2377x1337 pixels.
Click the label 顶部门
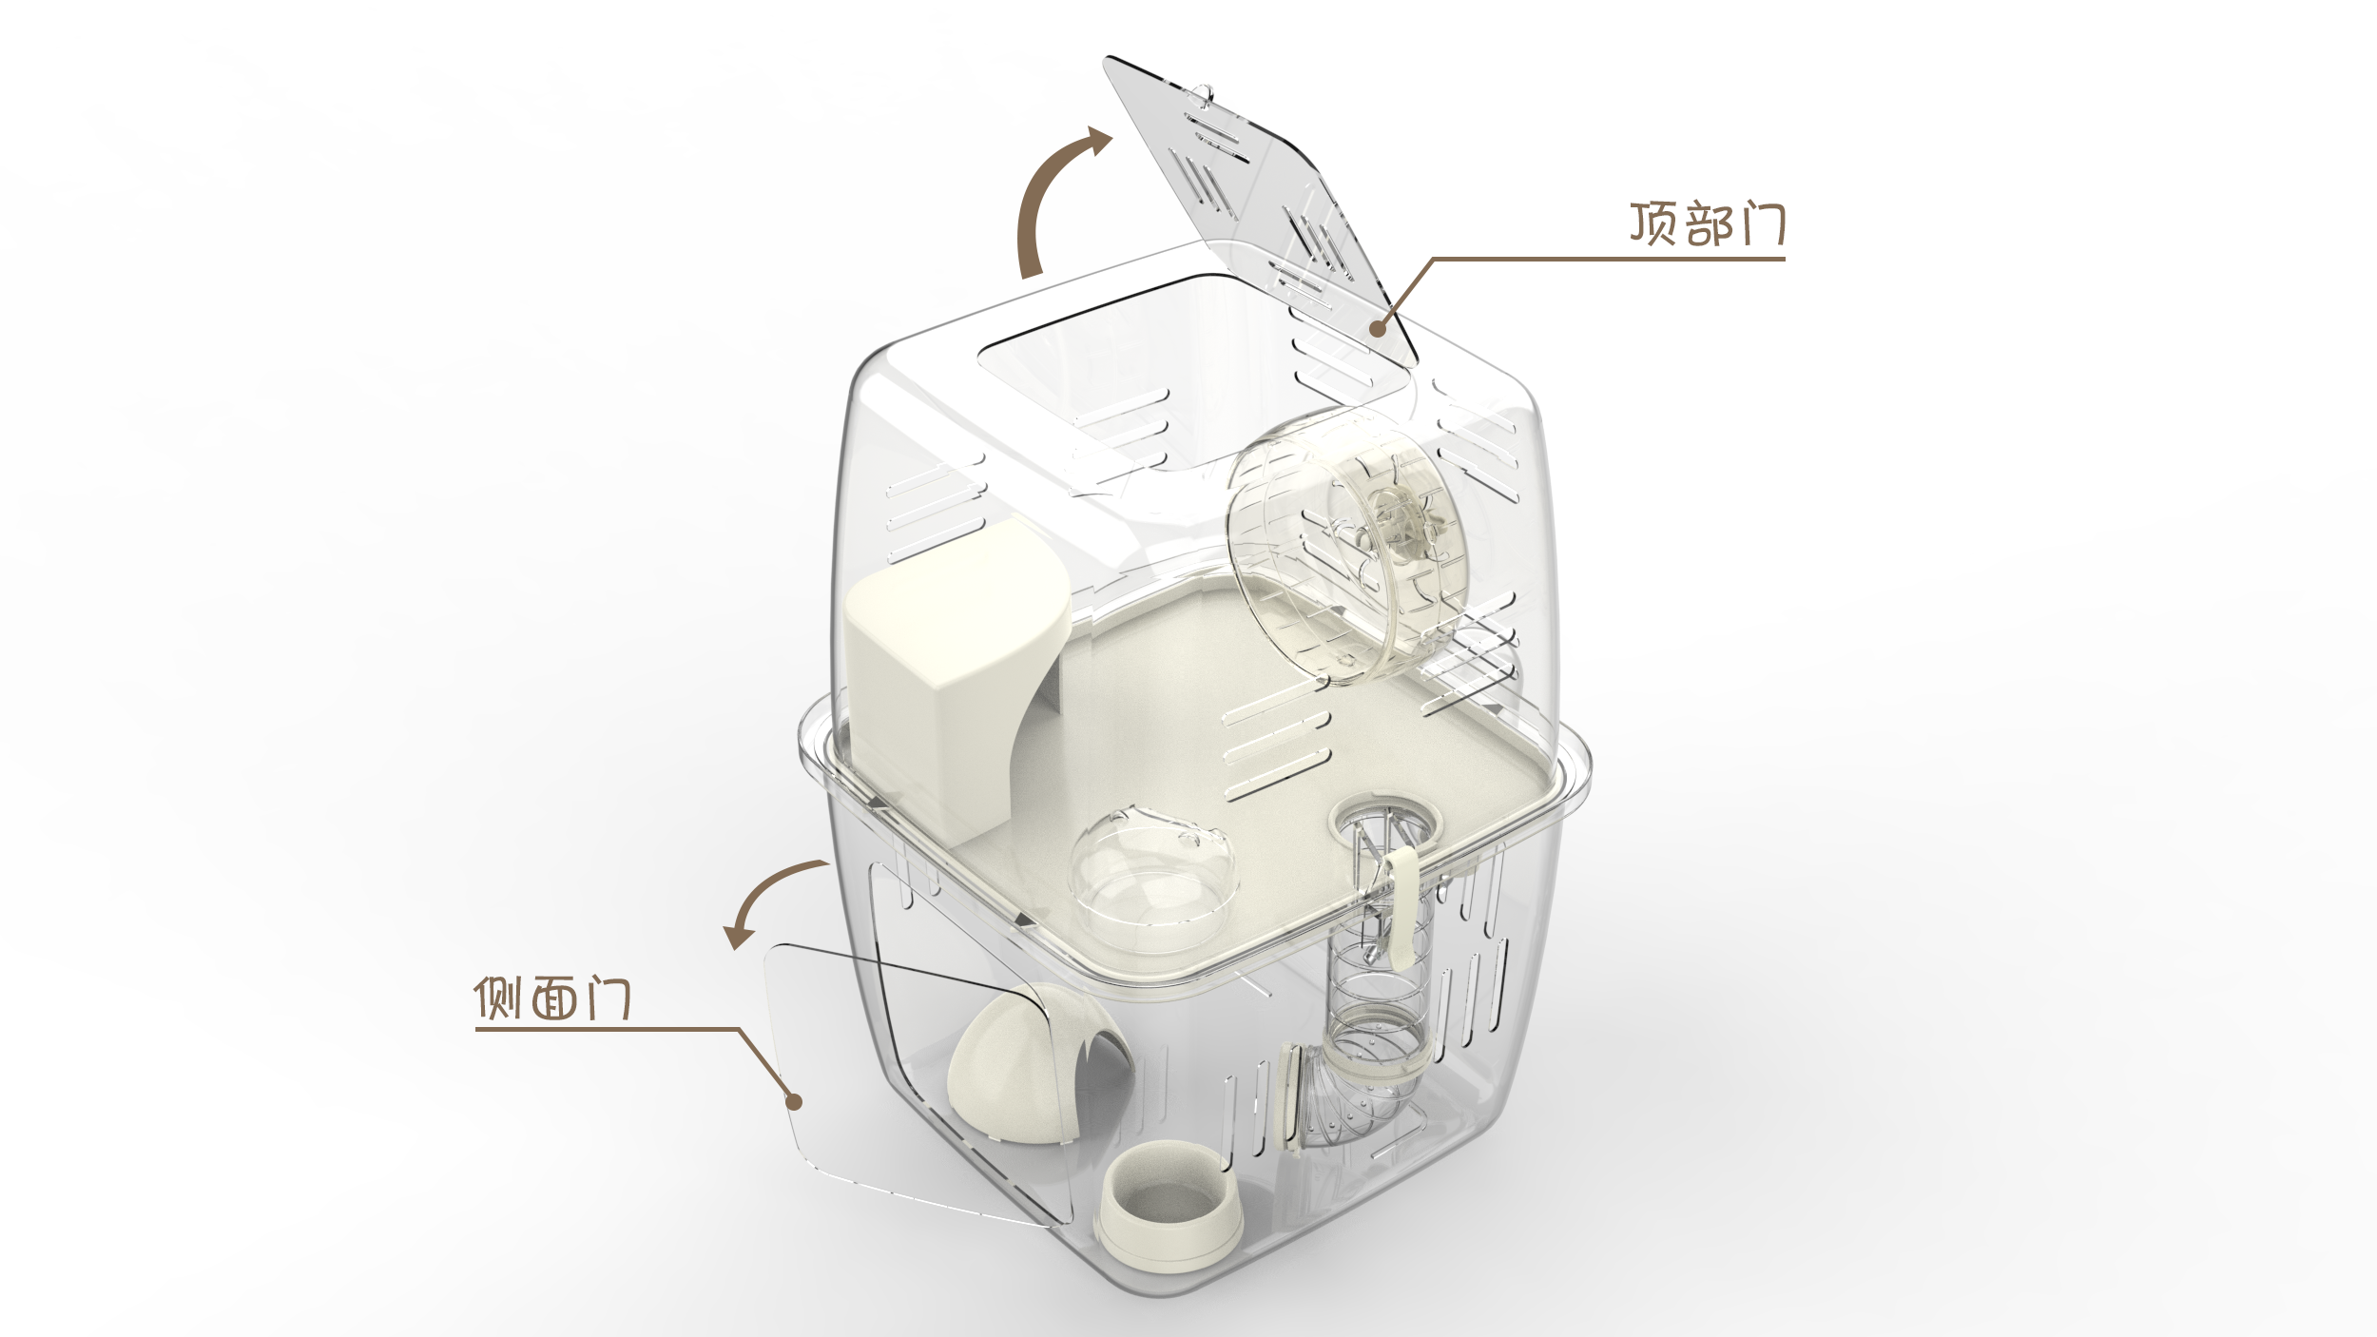tap(1707, 225)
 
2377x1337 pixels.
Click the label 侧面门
tap(552, 998)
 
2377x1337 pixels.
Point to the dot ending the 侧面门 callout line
tap(794, 1101)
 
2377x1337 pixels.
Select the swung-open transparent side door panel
tap(856, 1075)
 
